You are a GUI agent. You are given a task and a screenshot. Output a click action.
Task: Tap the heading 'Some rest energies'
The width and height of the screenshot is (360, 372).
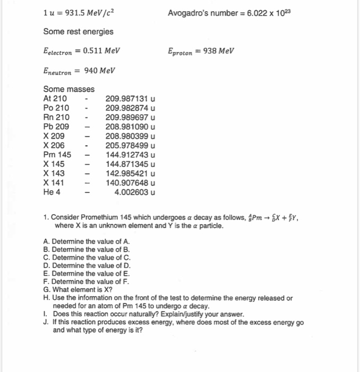point(78,32)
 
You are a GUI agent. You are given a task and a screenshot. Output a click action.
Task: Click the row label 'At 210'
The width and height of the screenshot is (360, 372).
point(55,98)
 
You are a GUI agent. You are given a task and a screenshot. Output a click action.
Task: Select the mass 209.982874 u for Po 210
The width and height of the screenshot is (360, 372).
point(130,108)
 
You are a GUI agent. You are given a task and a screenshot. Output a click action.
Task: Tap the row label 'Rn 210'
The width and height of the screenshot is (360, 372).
point(56,117)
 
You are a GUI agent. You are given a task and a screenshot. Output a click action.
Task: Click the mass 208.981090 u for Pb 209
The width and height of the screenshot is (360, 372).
point(130,126)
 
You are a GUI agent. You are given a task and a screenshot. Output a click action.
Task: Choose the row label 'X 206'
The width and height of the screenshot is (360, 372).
point(54,145)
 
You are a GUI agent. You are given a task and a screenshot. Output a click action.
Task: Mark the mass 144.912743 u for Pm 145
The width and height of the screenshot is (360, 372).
point(130,155)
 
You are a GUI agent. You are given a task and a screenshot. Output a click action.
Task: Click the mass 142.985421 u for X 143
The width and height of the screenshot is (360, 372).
point(130,173)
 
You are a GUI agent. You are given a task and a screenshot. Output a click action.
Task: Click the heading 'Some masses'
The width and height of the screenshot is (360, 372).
point(69,89)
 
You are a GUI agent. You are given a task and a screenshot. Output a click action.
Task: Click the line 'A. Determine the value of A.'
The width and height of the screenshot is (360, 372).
point(87,241)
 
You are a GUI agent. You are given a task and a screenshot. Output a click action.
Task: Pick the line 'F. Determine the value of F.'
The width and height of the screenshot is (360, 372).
point(87,282)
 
